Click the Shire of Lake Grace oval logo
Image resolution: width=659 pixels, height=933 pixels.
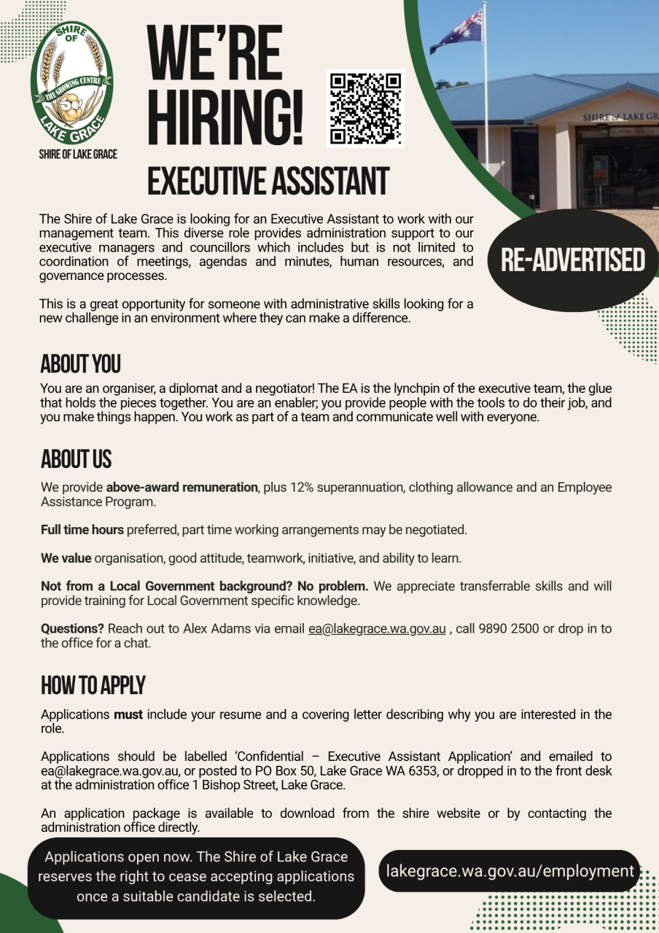(x=71, y=83)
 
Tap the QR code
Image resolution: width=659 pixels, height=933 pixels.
(x=365, y=109)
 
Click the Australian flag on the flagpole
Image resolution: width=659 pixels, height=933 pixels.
(x=458, y=32)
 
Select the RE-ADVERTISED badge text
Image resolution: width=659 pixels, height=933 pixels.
(x=573, y=260)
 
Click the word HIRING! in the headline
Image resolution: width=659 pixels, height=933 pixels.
(x=225, y=117)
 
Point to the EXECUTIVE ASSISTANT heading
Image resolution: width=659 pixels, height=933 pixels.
(x=268, y=181)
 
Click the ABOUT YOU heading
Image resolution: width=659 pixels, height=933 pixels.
(x=80, y=363)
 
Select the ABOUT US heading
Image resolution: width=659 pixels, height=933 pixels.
(x=76, y=459)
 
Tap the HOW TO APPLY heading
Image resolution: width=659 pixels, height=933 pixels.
(x=93, y=685)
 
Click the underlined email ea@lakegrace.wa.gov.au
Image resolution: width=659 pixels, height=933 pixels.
(x=377, y=629)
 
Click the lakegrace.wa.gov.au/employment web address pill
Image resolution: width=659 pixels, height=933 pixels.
(x=510, y=871)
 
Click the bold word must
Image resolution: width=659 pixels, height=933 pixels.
(x=128, y=714)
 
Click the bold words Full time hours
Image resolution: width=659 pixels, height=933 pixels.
(x=82, y=530)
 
